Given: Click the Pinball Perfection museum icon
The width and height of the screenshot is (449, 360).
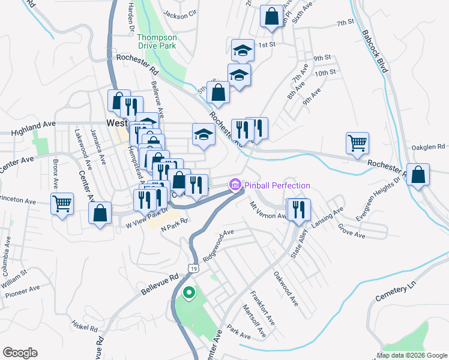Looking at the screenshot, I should (x=235, y=185).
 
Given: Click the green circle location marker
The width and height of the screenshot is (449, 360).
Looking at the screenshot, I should (x=189, y=293).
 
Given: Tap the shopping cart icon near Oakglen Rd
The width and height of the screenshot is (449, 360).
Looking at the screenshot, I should (x=357, y=143).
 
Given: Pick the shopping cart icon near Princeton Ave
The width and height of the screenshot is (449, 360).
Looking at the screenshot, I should (x=62, y=203).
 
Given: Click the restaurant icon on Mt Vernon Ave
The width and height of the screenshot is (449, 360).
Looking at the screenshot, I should (x=298, y=209).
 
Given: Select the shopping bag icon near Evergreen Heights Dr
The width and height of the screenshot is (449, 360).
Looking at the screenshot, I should (x=418, y=175).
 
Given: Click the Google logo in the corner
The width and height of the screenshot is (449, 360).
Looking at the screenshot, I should (x=20, y=353).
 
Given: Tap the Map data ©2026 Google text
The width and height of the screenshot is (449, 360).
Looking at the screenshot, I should (x=411, y=355).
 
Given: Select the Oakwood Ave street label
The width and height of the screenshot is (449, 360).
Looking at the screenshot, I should (x=286, y=288).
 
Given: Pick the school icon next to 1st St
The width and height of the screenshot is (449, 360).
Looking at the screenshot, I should (x=243, y=50).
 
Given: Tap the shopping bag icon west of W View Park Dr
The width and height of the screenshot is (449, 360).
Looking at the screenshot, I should (x=100, y=213).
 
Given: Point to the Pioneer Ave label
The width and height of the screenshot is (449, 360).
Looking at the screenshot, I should (x=22, y=292).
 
